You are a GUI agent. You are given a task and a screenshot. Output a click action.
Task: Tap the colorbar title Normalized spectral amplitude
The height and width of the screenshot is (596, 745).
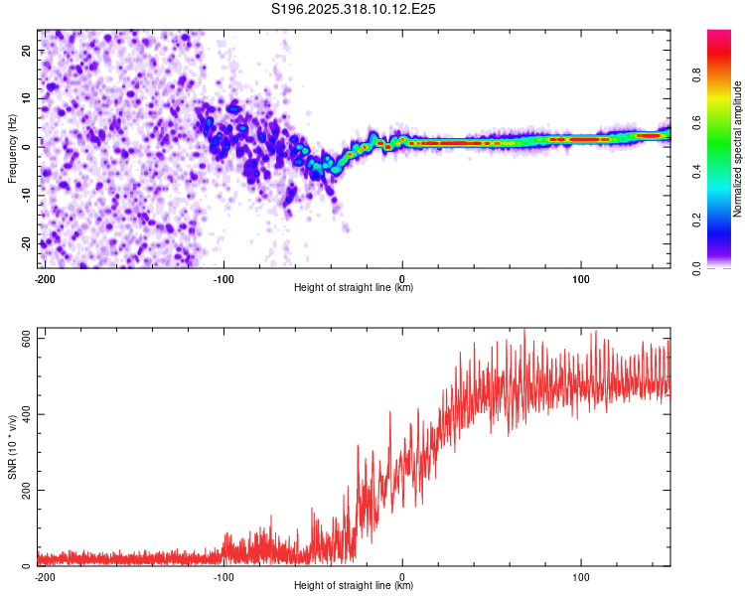click(738, 149)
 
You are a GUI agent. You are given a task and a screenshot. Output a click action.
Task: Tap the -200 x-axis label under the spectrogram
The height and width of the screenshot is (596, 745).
click(44, 279)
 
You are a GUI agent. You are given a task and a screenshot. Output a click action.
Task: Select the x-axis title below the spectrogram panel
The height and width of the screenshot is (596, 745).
click(354, 288)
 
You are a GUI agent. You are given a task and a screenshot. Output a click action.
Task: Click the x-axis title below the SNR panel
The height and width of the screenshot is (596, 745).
click(354, 586)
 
